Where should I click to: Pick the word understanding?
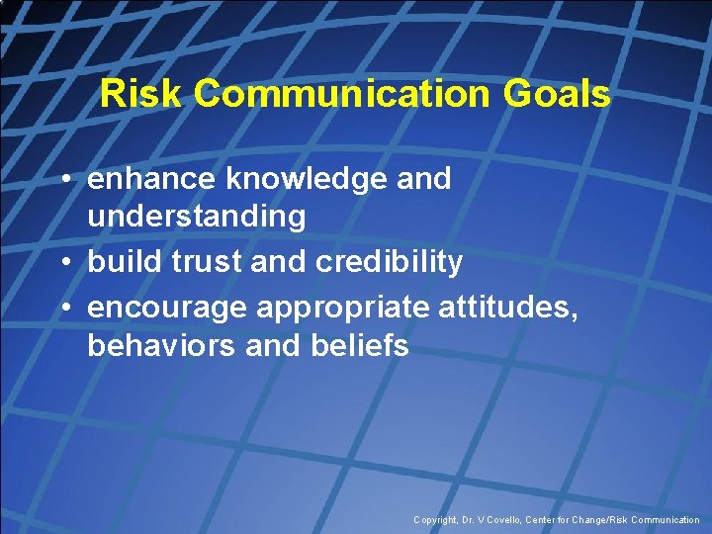(x=196, y=217)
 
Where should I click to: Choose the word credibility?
(x=389, y=262)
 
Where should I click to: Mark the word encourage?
(x=167, y=308)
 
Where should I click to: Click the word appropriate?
(x=343, y=308)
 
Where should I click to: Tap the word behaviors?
(x=158, y=345)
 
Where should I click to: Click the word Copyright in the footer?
(x=436, y=520)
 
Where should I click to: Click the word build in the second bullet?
(x=117, y=262)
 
